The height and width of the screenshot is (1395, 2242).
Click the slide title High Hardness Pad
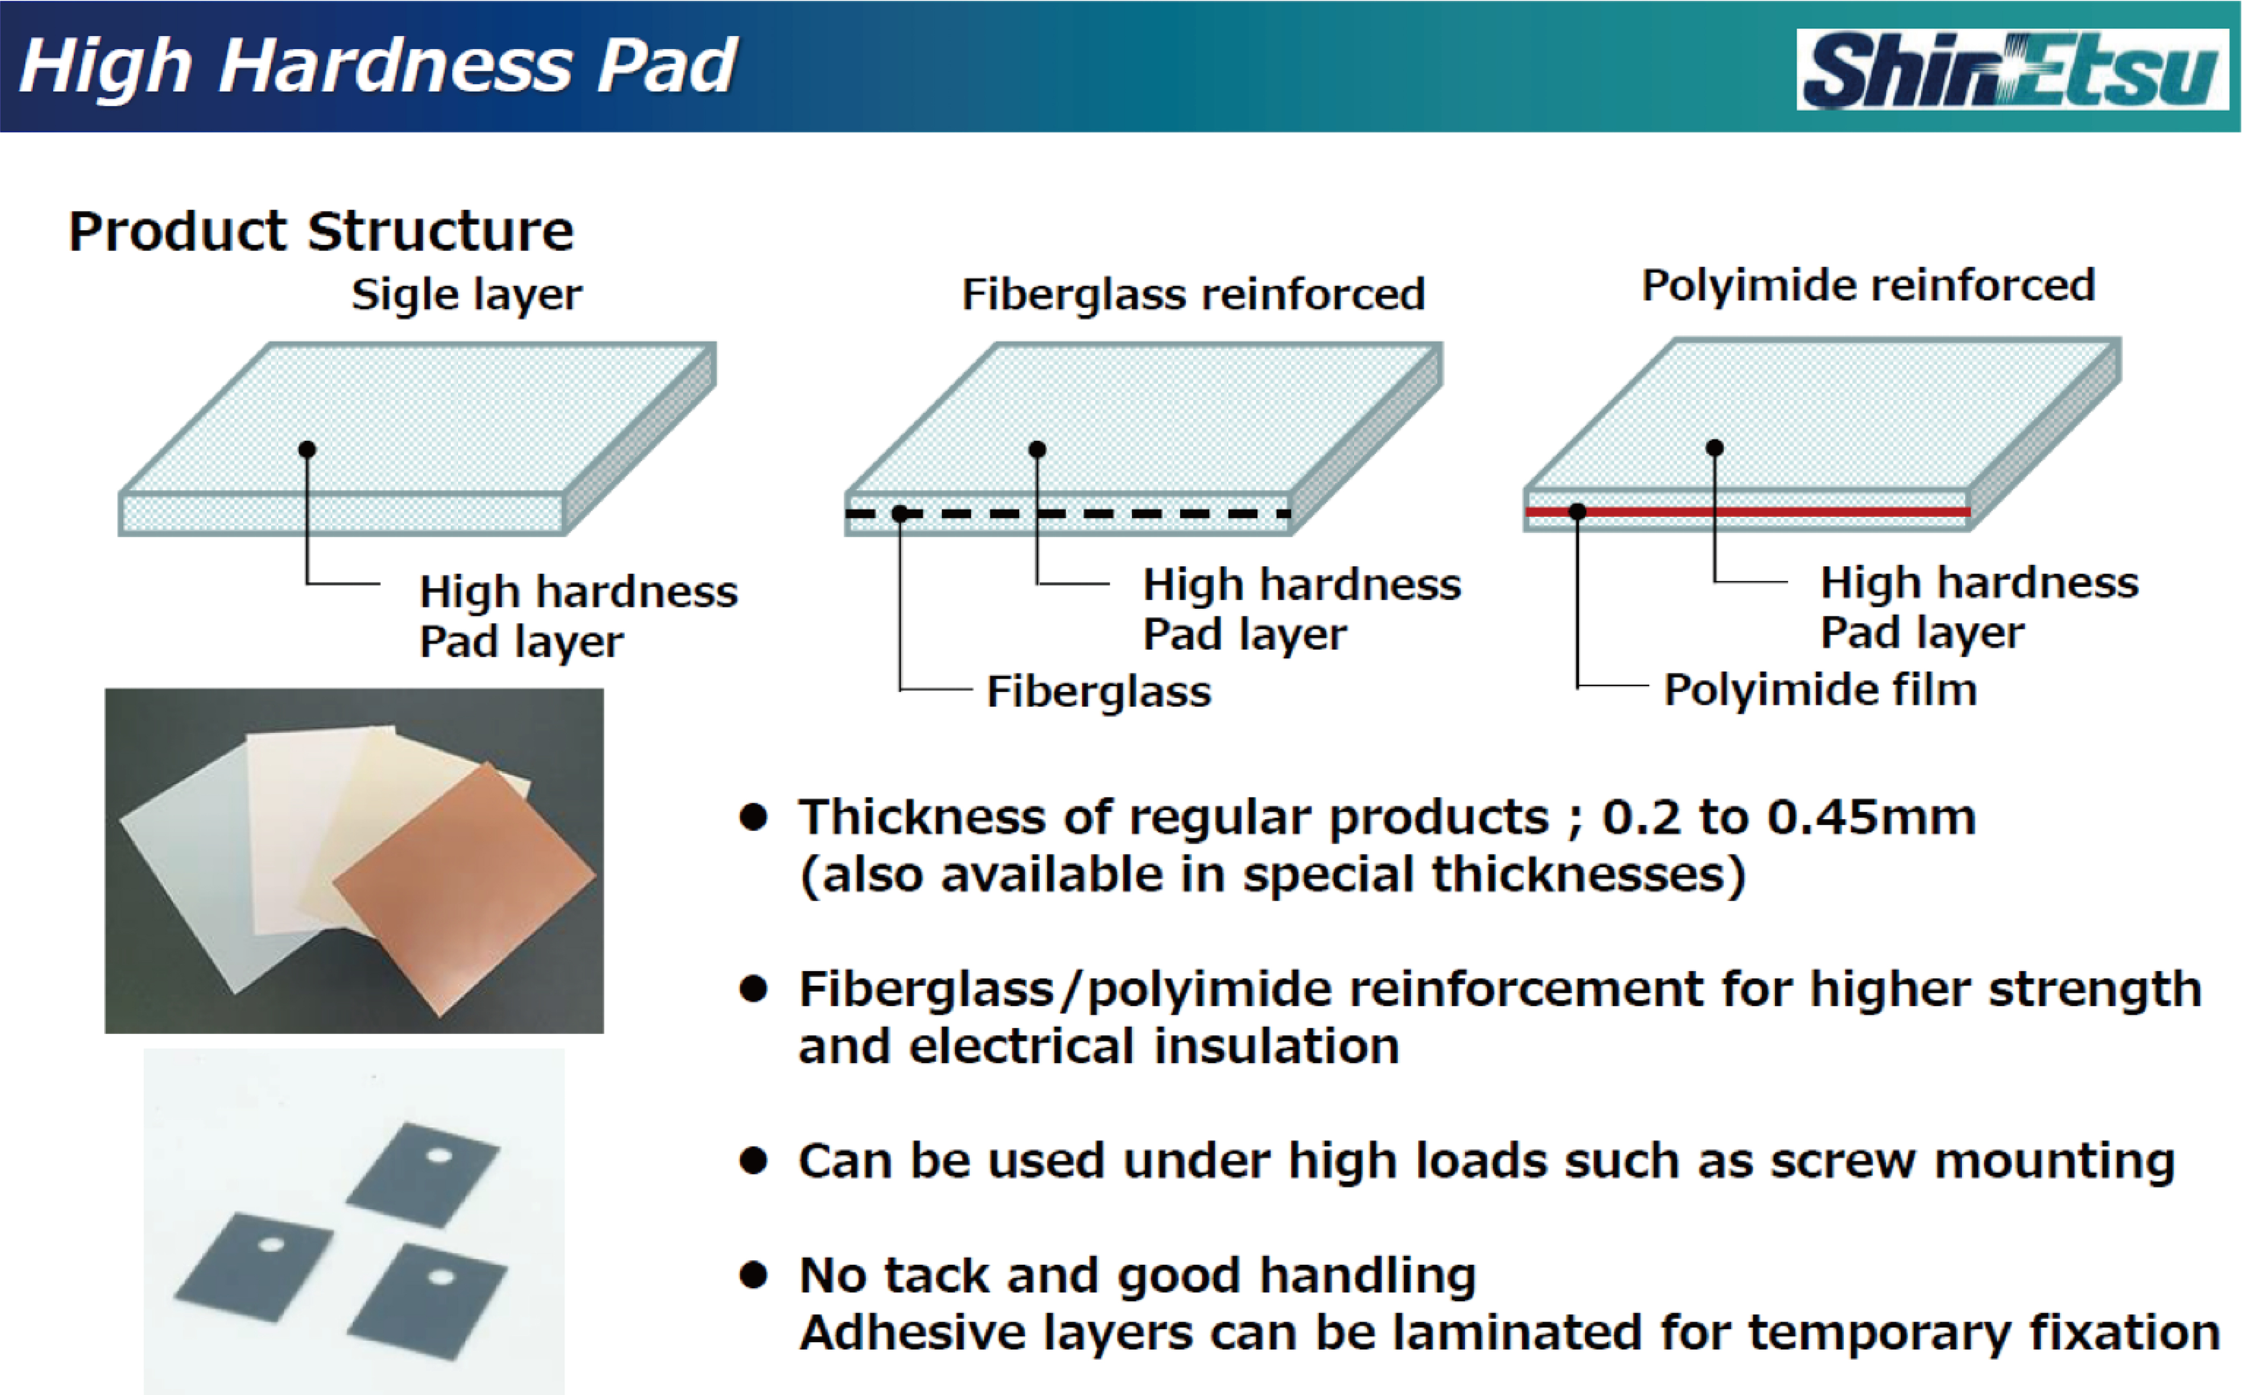[378, 67]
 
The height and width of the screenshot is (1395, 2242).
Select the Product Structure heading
[321, 231]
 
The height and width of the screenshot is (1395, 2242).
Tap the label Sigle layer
[467, 295]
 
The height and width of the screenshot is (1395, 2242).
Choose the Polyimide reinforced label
[1868, 286]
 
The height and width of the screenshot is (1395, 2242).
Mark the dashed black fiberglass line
[1068, 513]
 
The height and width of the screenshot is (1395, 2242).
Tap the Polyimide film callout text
[1820, 690]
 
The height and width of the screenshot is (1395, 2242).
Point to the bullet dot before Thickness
[754, 817]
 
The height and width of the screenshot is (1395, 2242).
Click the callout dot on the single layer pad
[307, 449]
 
